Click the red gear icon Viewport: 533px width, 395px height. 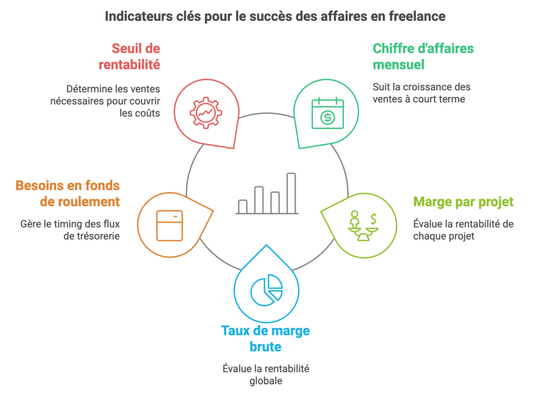tap(206, 111)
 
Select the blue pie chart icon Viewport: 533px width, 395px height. tap(266, 289)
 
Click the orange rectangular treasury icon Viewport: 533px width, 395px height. tap(170, 225)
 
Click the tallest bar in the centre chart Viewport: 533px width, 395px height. tap(291, 192)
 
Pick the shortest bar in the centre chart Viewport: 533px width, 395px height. tap(242, 206)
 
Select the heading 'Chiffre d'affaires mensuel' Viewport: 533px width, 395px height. tap(423, 57)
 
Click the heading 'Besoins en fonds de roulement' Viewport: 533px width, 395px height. tap(68, 193)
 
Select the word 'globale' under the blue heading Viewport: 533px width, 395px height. tap(266, 381)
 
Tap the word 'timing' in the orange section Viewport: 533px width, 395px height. tap(73, 224)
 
